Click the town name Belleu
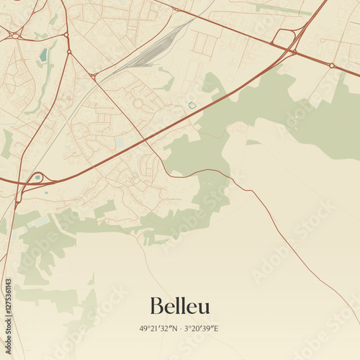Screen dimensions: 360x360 (x=180, y=306)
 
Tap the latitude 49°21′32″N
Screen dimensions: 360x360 (x=157, y=329)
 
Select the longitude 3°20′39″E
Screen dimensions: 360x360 (x=202, y=329)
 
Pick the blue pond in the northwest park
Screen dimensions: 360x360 (x=43, y=55)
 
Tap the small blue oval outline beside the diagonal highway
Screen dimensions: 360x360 (x=192, y=105)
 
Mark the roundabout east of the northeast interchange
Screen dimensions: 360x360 (x=331, y=66)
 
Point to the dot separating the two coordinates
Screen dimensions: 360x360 (x=179, y=329)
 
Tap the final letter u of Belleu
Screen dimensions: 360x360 (x=205, y=307)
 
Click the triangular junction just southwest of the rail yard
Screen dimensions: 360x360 (x=94, y=76)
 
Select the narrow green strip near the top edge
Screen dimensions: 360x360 (x=281, y=9)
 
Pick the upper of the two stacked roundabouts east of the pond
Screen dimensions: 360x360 (x=66, y=34)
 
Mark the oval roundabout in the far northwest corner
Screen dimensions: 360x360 (x=14, y=34)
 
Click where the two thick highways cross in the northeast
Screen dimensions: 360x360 (x=293, y=52)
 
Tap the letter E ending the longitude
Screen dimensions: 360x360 (x=215, y=329)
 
